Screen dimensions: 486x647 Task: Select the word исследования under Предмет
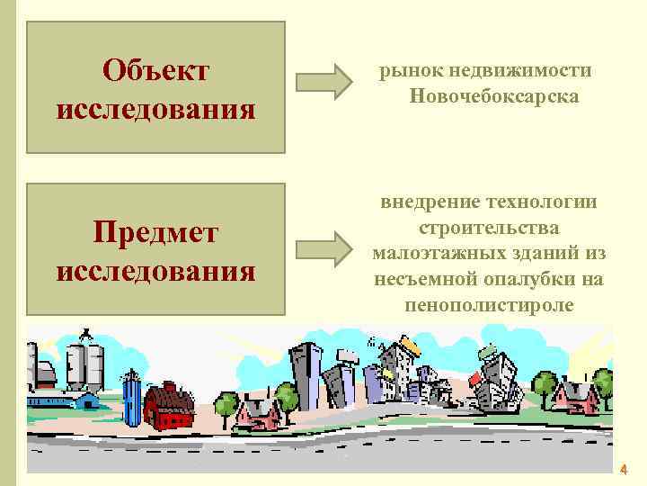click(x=155, y=269)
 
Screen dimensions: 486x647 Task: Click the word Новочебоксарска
click(x=493, y=95)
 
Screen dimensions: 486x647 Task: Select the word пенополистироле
click(x=489, y=304)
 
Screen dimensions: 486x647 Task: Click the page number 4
click(x=624, y=470)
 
